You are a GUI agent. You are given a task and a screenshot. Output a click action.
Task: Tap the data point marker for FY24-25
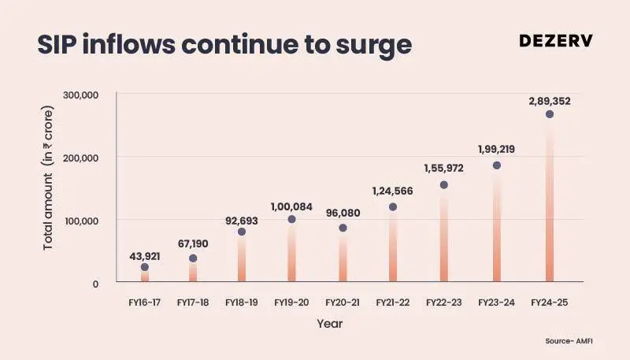coord(550,114)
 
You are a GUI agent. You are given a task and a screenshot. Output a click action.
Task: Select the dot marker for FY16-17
coord(145,267)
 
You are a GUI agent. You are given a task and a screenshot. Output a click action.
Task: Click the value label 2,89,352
coord(550,101)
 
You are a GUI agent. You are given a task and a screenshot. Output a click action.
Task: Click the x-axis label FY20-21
coord(342,302)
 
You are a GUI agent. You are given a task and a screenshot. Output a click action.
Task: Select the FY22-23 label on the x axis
coord(443,302)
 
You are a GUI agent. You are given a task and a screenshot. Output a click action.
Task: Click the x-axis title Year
coord(329,324)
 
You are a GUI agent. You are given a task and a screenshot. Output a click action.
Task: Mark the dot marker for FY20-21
coord(343,228)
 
